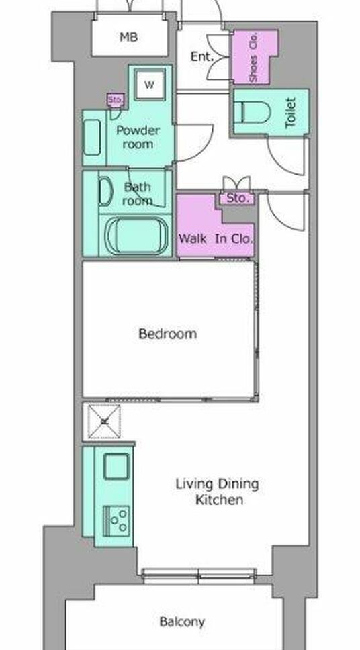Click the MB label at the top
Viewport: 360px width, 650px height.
click(128, 37)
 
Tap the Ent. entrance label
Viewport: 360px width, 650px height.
click(201, 57)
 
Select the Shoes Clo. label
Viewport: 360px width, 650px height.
click(253, 57)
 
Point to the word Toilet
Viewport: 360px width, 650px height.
click(291, 112)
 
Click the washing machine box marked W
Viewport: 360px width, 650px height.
click(149, 85)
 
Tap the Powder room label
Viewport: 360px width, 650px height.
click(137, 137)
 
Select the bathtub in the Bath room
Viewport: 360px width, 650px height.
click(137, 235)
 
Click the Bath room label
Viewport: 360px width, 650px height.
click(137, 193)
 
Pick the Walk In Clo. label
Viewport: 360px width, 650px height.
click(216, 239)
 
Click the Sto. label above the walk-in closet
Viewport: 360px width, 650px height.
click(238, 198)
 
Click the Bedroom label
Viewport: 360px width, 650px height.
click(167, 334)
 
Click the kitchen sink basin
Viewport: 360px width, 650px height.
click(116, 466)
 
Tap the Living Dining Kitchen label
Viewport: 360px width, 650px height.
click(218, 492)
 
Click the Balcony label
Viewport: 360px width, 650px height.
click(182, 622)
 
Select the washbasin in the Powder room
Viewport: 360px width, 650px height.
click(91, 137)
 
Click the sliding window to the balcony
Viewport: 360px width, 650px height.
click(199, 575)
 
